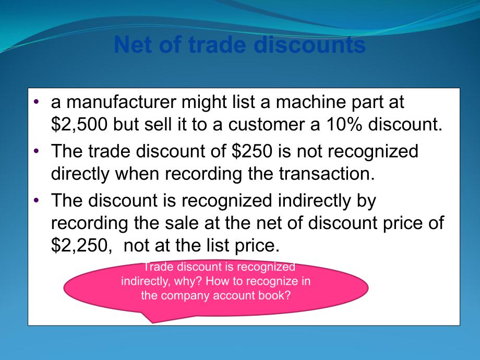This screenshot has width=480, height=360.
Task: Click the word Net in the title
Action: [130, 45]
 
